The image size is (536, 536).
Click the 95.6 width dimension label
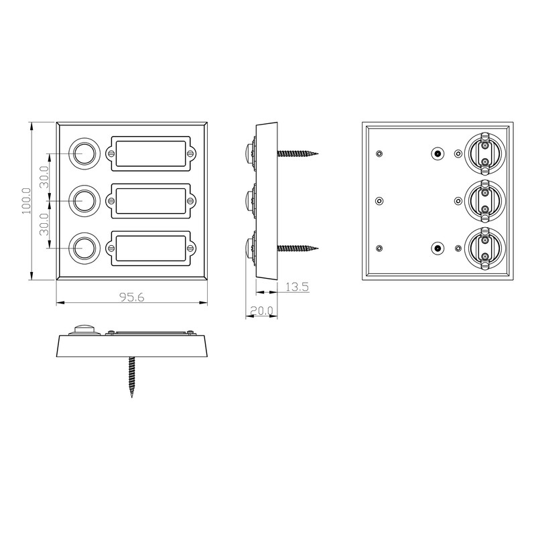[131, 297]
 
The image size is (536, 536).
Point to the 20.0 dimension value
[261, 310]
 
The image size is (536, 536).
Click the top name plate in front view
[151, 153]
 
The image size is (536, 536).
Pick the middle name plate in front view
[151, 199]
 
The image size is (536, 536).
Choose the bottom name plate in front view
[151, 247]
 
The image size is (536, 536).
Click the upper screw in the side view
[299, 153]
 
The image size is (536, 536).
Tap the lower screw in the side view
[299, 248]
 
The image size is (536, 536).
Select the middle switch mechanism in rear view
[484, 198]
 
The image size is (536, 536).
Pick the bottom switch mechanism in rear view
[484, 246]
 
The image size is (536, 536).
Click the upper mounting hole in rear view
[437, 153]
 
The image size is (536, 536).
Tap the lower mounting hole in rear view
[437, 248]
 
